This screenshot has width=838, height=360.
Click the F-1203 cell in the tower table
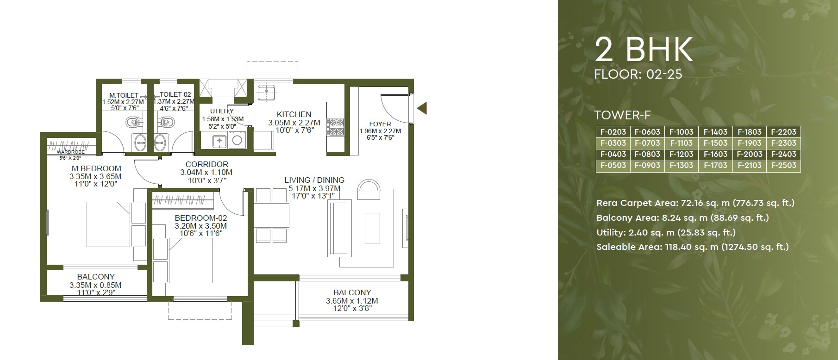681,155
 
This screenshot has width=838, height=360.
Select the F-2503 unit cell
783,166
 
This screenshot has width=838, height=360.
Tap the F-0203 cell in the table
613,132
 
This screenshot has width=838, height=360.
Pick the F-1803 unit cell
749,132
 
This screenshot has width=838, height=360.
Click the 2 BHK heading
644,50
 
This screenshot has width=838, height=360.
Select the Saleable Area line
692,247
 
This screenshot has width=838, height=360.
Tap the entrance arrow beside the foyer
421,109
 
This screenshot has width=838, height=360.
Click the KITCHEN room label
294,114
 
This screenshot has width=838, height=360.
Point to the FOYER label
380,124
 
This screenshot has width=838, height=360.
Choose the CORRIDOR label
207,164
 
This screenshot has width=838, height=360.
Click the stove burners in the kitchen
336,128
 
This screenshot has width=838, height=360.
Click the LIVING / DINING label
314,180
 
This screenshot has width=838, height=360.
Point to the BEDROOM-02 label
201,218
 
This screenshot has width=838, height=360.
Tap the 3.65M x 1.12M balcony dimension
352,301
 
